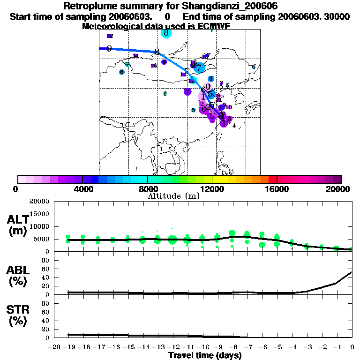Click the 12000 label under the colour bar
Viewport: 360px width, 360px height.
click(x=212, y=189)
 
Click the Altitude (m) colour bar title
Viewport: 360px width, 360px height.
click(x=173, y=196)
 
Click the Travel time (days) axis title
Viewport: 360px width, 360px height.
click(x=205, y=356)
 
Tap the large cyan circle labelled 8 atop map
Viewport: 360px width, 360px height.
click(x=166, y=33)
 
